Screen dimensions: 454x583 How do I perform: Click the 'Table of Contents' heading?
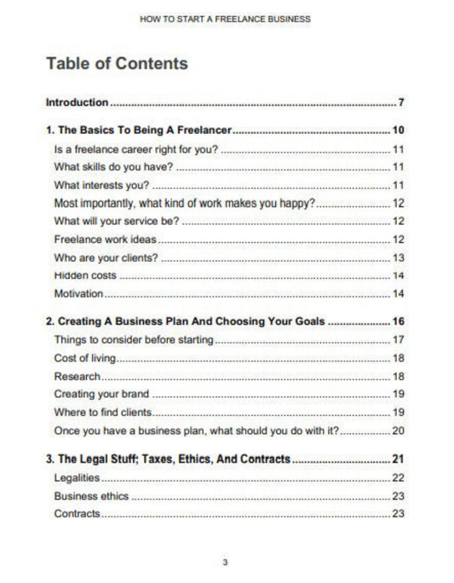(117, 64)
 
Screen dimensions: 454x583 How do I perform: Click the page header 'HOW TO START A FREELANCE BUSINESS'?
(227, 17)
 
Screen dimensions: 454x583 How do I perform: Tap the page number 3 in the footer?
(226, 562)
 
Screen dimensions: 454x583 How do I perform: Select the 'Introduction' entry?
(77, 103)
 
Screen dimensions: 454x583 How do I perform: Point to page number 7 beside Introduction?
(400, 103)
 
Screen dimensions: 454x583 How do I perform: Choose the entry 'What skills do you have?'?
(112, 166)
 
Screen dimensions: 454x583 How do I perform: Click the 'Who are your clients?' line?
(106, 257)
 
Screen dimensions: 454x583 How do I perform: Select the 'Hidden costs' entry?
(85, 275)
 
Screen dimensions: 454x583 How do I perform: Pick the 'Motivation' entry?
(78, 294)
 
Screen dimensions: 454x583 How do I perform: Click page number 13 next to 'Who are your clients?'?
(398, 257)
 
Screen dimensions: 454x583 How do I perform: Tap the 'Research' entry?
(78, 376)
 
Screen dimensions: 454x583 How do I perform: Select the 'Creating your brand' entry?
(101, 394)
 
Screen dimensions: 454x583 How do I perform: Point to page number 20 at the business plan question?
(398, 430)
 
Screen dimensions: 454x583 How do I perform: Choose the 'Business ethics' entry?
(91, 495)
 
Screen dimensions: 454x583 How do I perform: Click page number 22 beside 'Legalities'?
(398, 477)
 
